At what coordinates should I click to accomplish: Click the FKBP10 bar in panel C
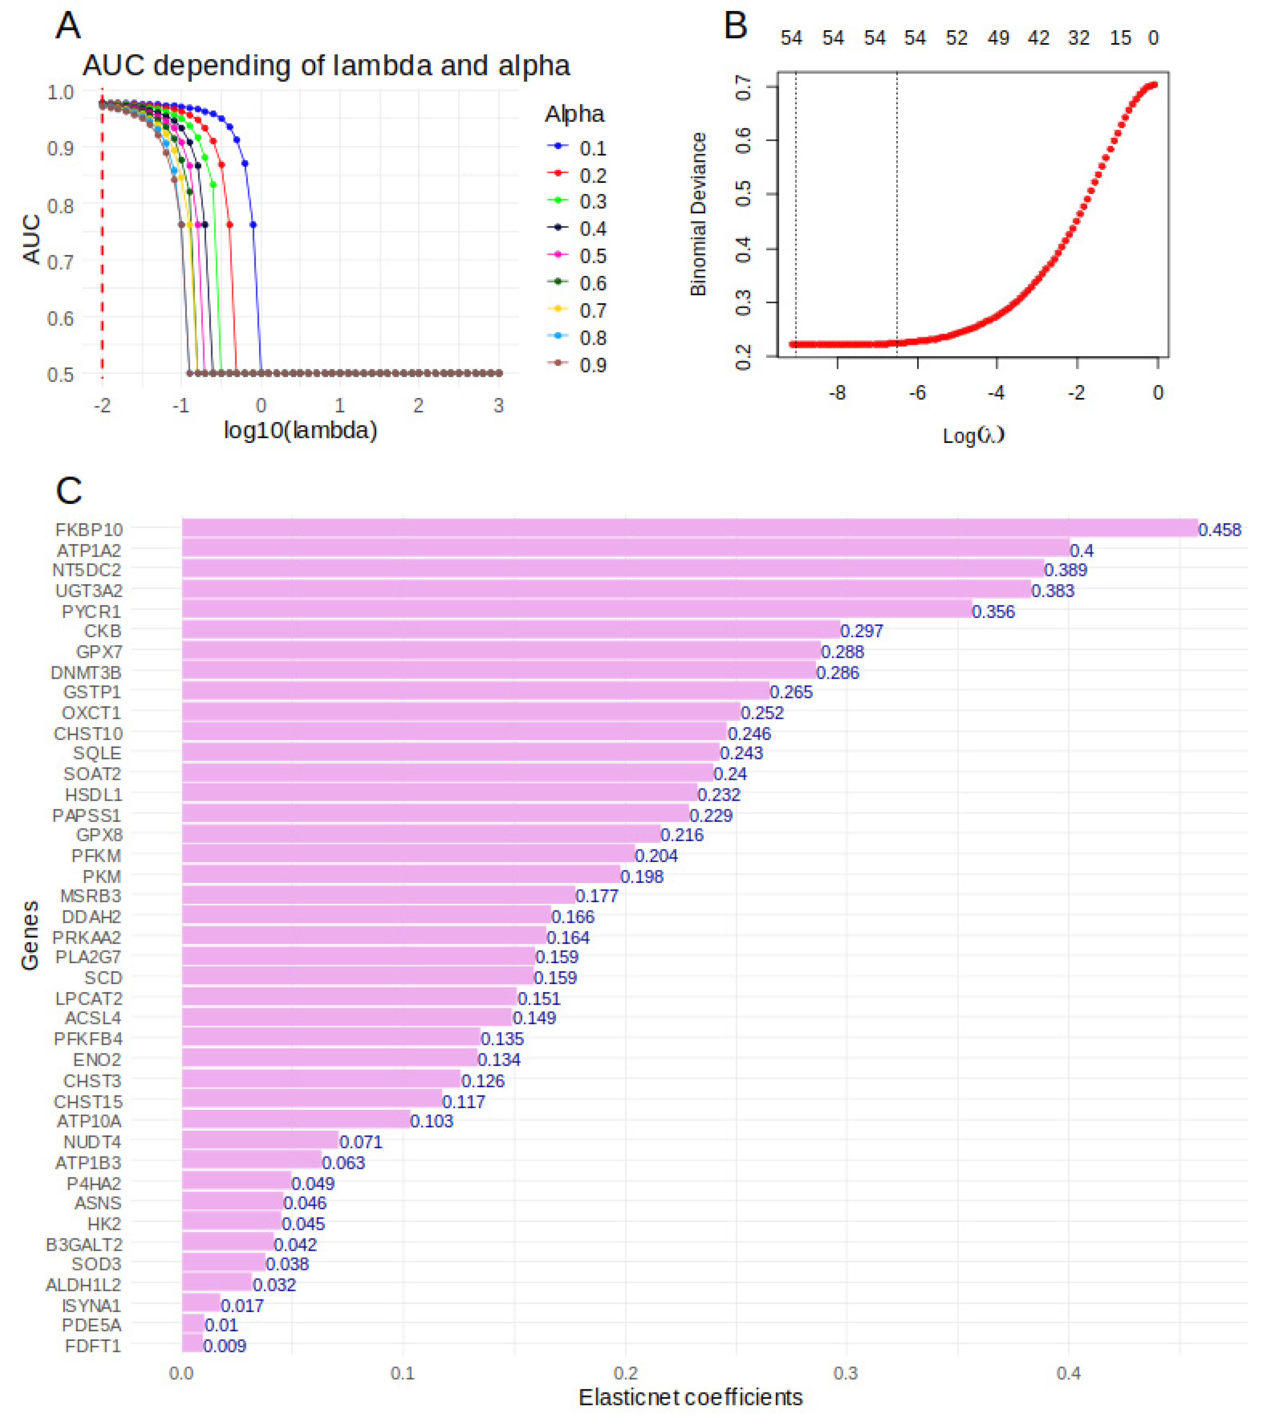[x=689, y=528]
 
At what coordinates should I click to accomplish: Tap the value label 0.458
[x=1219, y=530]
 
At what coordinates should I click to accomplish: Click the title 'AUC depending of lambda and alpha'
[x=326, y=66]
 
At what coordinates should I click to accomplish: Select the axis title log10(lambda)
[x=300, y=430]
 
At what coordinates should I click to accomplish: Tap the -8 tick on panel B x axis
[x=837, y=393]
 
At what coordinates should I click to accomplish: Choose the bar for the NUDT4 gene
[x=260, y=1141]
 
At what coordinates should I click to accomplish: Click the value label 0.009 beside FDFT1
[x=225, y=1345]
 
